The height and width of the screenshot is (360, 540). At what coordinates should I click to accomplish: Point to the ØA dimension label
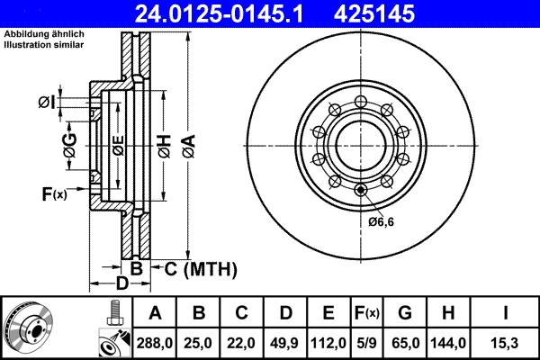coord(187,143)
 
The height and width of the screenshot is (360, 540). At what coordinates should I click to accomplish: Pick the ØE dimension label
coord(117,144)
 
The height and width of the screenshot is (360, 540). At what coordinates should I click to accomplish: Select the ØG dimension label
coord(70,144)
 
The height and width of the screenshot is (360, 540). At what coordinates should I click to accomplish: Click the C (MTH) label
coord(200,268)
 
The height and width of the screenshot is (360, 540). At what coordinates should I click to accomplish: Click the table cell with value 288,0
coord(156,341)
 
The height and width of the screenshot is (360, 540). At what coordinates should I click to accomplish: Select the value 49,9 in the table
coord(285,341)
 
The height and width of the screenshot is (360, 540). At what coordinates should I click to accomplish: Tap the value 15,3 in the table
coord(507,341)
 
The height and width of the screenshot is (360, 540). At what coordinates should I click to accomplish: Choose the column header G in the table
coord(405,313)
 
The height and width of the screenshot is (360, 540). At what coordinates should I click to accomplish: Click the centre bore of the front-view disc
coord(360,141)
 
